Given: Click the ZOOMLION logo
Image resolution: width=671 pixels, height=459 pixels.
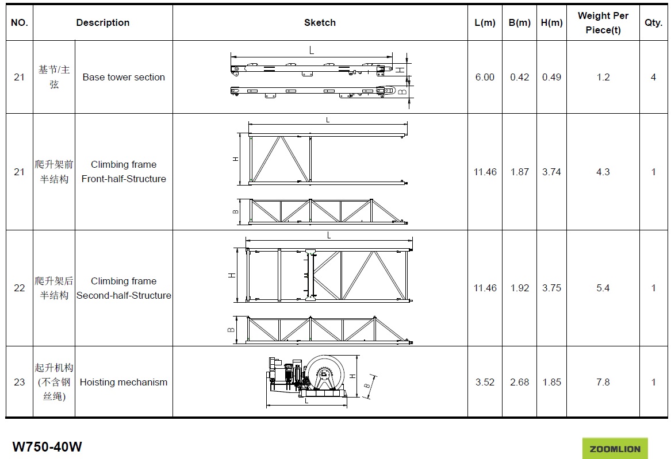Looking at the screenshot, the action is (x=615, y=449).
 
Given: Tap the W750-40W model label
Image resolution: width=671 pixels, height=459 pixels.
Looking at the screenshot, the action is (x=47, y=446).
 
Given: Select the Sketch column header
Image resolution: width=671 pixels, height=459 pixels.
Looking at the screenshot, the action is (x=320, y=22).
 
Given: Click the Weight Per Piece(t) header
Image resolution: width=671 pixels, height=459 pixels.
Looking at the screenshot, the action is (x=603, y=22).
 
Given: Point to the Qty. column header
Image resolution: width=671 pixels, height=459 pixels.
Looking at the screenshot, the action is (x=653, y=22).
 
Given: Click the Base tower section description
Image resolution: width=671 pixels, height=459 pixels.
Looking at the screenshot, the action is (x=124, y=77).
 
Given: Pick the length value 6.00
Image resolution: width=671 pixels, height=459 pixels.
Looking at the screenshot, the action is (x=485, y=77).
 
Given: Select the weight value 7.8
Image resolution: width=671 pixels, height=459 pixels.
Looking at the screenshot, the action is (x=603, y=382).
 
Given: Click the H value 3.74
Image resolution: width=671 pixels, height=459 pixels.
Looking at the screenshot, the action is (x=551, y=172).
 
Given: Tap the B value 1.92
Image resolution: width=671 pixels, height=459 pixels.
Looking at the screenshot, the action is (x=520, y=288).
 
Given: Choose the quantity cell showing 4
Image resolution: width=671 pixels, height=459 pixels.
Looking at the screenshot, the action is (x=653, y=77).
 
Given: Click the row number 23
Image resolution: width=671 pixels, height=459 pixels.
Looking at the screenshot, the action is (x=19, y=382).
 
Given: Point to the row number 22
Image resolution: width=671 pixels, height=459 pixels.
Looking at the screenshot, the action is (x=19, y=288).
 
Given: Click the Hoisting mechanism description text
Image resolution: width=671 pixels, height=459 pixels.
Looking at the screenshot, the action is (x=124, y=382).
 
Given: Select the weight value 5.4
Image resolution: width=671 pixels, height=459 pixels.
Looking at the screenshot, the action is (x=603, y=288).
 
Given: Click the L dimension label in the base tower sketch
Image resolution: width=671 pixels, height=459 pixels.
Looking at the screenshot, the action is (x=312, y=51).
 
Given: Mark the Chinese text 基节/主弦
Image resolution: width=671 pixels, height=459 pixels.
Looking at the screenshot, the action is (x=54, y=77).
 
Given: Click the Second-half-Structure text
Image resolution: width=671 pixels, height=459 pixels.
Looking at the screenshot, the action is (x=124, y=295).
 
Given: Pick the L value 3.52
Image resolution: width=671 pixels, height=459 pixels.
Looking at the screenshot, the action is (x=485, y=382).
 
